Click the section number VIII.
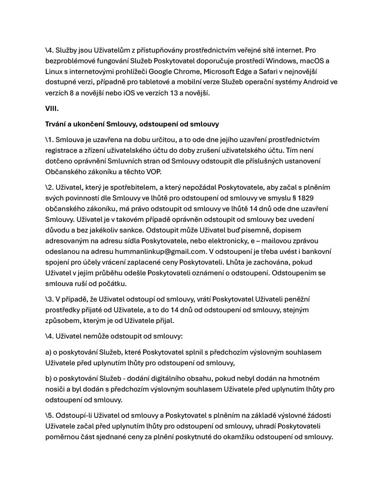(x=52, y=109)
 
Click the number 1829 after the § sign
(x=328, y=198)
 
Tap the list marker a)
(x=49, y=352)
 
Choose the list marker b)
(x=49, y=378)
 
